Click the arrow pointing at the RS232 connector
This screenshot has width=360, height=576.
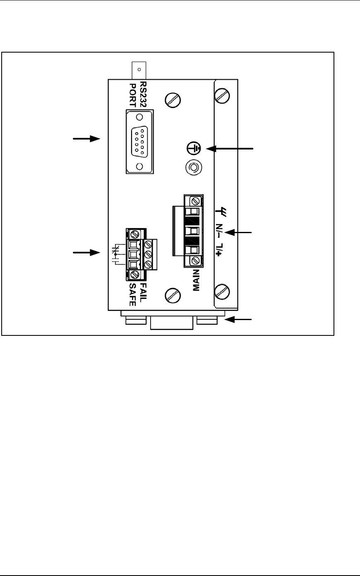87,139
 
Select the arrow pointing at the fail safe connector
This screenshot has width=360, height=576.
87,252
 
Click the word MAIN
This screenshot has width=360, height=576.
197,280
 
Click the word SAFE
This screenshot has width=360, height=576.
133,294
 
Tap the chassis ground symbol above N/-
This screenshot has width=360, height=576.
220,212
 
